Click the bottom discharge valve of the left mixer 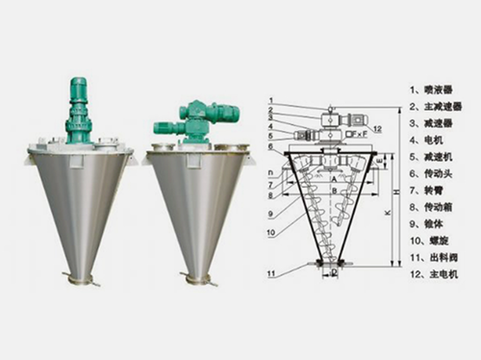coord(79,279)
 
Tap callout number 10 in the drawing coord(272,232)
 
